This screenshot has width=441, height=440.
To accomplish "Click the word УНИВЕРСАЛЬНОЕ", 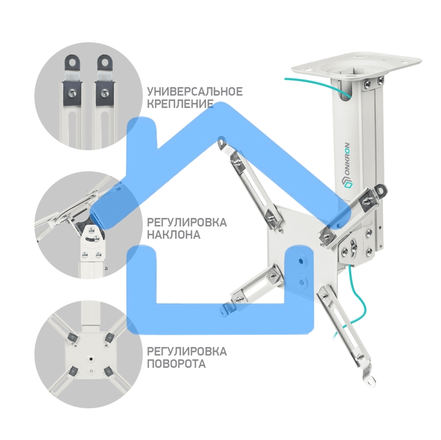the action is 194,92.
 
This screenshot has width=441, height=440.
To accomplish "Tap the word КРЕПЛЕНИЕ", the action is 180,104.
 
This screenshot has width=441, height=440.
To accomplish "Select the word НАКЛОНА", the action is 174,235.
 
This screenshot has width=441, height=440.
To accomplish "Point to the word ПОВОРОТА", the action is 176,364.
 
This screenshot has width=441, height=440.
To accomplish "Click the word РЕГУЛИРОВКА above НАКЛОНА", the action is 187,222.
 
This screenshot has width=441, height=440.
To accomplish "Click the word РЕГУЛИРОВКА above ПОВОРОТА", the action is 187,352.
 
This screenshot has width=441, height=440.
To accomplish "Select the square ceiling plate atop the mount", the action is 356,67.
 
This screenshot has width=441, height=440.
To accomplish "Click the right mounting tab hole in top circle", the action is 105,62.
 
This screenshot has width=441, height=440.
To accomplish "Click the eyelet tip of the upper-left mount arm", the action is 222,141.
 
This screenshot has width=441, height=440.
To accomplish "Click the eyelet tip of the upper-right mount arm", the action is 381,190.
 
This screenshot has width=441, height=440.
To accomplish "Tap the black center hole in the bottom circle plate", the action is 90,359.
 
